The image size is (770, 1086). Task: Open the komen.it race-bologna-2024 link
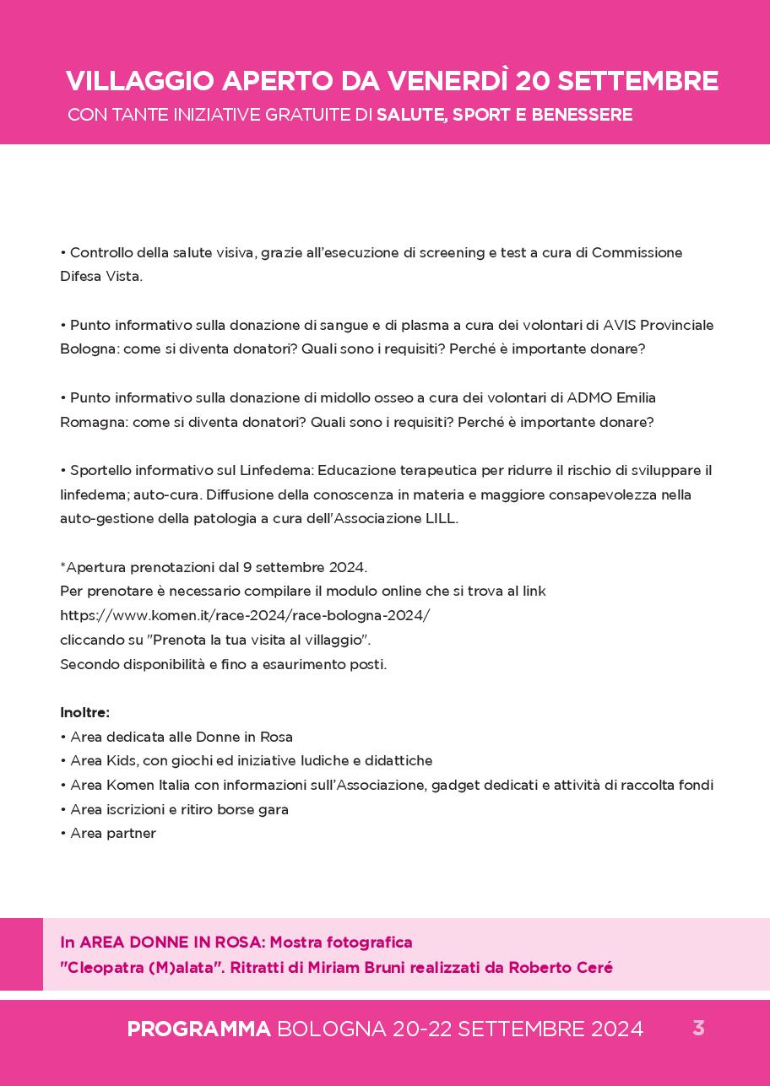click(245, 616)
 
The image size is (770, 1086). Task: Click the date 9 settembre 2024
click(304, 567)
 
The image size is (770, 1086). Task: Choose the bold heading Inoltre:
click(85, 713)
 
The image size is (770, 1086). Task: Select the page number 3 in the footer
click(698, 1029)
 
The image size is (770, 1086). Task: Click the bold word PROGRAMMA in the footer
click(198, 1029)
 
